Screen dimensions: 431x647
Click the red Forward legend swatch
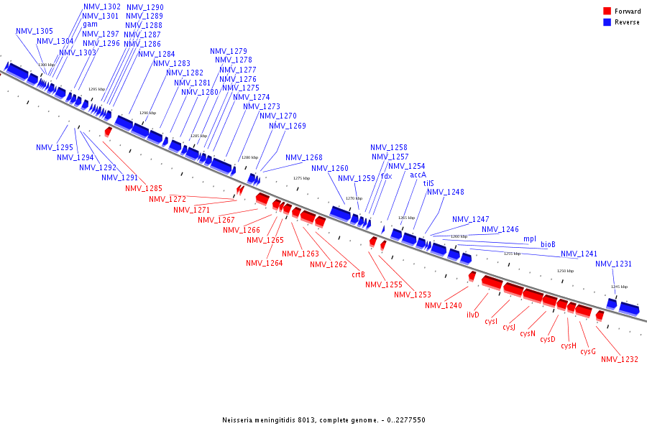607,11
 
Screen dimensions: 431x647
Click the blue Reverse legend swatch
607,22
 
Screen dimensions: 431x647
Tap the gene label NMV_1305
34,32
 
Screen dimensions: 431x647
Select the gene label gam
90,24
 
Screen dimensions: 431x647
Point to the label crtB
358,274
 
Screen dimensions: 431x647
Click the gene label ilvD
472,315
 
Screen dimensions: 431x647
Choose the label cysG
587,351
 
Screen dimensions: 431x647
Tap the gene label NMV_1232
619,359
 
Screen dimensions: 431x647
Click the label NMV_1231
613,264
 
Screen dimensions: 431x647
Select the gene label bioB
548,244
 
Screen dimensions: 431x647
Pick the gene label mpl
529,238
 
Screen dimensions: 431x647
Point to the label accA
418,175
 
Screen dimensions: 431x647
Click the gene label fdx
386,176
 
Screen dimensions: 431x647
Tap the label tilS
428,183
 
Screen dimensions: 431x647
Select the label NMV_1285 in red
143,188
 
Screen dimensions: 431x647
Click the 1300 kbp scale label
46,65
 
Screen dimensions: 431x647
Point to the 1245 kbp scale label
619,287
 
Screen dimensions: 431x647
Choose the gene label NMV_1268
303,158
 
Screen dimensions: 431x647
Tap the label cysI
491,321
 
